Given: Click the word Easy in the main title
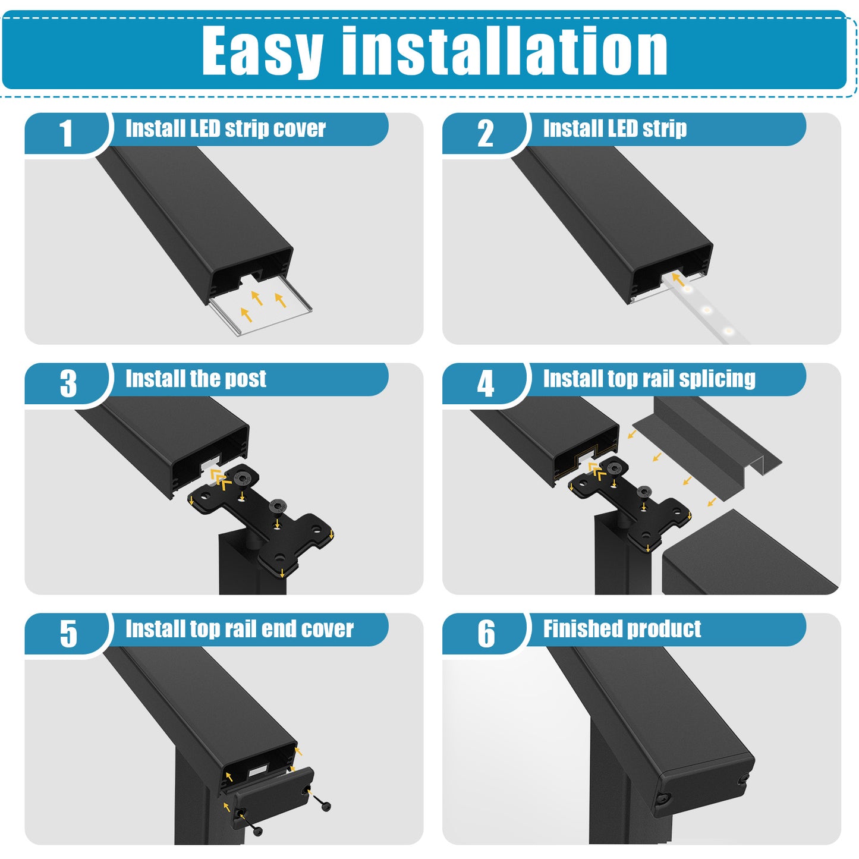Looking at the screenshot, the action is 262,52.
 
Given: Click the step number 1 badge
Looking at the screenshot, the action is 66,133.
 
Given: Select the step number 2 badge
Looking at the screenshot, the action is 485,133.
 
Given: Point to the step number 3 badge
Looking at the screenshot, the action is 68,383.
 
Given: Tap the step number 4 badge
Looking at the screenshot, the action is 486,383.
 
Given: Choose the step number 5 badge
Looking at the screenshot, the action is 68,634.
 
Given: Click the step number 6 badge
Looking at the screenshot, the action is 486,634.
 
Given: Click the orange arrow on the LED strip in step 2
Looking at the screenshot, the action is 678,279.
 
